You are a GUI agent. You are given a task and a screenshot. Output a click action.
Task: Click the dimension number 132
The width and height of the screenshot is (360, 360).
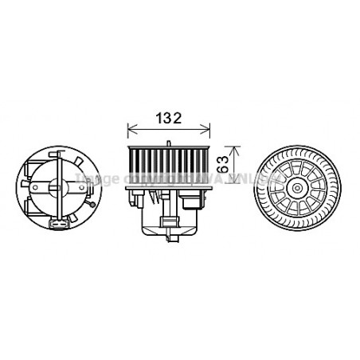(x=168, y=117)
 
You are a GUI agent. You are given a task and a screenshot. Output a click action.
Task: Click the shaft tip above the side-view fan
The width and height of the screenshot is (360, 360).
(x=169, y=141)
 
